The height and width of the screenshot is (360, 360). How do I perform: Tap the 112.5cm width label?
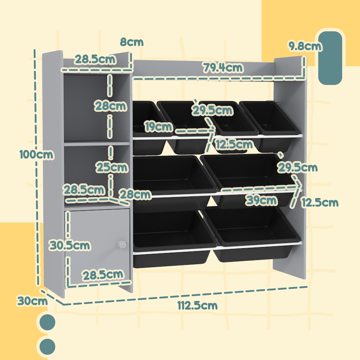tap(197, 305)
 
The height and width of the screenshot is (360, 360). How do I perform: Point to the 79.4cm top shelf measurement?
tap(223, 68)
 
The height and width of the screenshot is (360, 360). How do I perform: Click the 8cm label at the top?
tap(132, 42)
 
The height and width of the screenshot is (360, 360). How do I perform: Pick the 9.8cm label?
tap(304, 46)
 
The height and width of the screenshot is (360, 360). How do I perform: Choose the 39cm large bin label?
tap(261, 200)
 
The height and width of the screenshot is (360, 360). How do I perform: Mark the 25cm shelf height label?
tap(111, 167)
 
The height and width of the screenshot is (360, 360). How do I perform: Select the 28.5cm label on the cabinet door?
tap(103, 275)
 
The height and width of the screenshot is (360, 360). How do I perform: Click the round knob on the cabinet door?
tap(121, 244)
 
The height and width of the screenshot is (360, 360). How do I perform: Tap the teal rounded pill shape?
tap(330, 58)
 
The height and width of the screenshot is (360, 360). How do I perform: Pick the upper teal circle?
tap(47, 322)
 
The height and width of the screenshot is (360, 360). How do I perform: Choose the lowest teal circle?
tap(47, 346)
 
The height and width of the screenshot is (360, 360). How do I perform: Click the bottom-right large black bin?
tap(251, 234)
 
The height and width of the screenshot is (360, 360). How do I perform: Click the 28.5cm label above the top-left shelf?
tap(94, 59)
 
